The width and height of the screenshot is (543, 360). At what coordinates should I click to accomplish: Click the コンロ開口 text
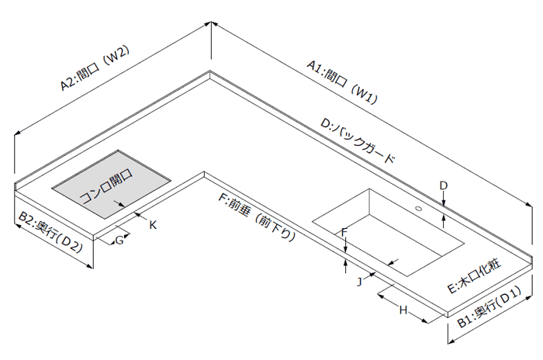pyautogui.click(x=106, y=189)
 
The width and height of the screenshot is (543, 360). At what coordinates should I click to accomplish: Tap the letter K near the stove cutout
pyautogui.click(x=153, y=225)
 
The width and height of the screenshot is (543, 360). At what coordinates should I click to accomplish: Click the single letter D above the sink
pyautogui.click(x=443, y=185)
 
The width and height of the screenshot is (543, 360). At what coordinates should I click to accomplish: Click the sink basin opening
pyautogui.click(x=388, y=229)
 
